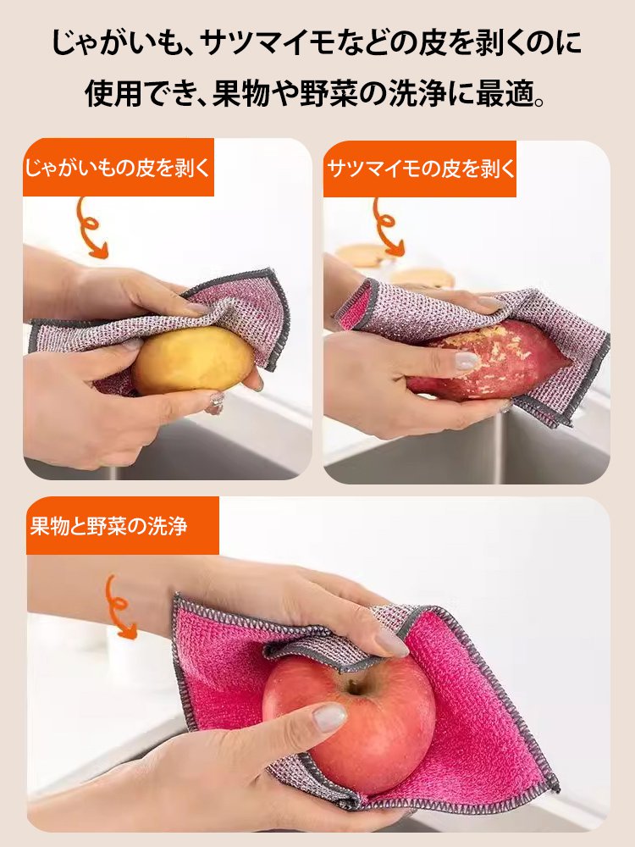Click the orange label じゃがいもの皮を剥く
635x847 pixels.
117,168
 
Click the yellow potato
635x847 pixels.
190,360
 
